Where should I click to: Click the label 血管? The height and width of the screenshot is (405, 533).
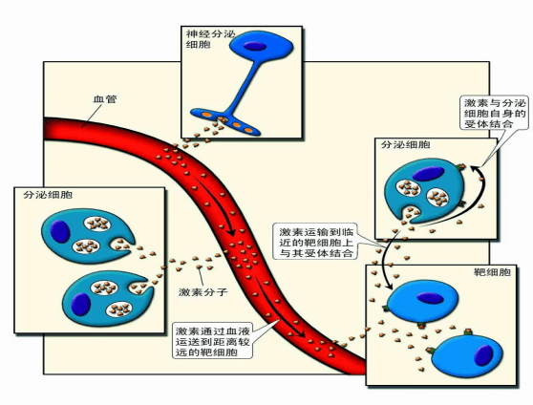point(105,99)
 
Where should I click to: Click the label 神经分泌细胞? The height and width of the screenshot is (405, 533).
point(210,39)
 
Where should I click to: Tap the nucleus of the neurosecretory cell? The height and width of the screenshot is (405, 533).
point(254,46)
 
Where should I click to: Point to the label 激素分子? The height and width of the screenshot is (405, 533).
point(203,291)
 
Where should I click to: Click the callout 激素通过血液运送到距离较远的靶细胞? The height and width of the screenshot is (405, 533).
point(213,341)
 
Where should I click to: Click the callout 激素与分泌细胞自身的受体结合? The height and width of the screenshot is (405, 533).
point(495,114)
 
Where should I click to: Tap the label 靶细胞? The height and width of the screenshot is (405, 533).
point(492,272)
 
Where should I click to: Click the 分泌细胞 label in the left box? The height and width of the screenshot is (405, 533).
point(48,195)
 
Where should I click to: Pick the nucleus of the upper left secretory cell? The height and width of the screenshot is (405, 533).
point(60,231)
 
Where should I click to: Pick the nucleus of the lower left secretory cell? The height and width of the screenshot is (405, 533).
point(81,304)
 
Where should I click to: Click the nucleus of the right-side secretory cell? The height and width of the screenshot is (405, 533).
point(429,174)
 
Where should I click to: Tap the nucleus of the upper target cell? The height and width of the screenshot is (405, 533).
point(430,298)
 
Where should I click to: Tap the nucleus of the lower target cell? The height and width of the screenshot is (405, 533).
point(483,355)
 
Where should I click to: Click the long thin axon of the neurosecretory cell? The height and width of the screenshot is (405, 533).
point(245,88)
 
